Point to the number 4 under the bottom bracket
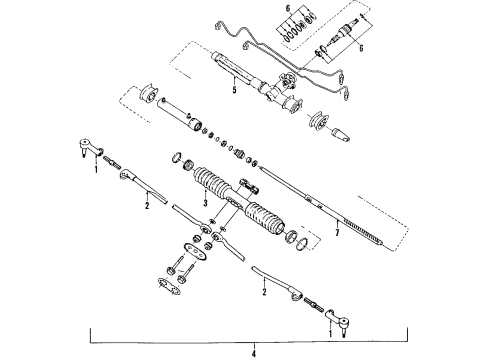point(254,351)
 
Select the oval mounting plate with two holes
point(192,250)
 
